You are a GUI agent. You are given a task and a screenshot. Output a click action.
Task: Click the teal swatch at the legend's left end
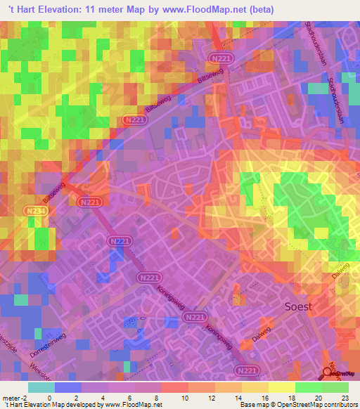tap(41, 387)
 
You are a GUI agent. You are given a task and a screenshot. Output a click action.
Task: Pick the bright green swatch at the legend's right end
tap(335, 387)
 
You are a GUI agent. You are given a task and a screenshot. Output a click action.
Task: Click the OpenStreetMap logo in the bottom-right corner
tap(340, 374)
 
